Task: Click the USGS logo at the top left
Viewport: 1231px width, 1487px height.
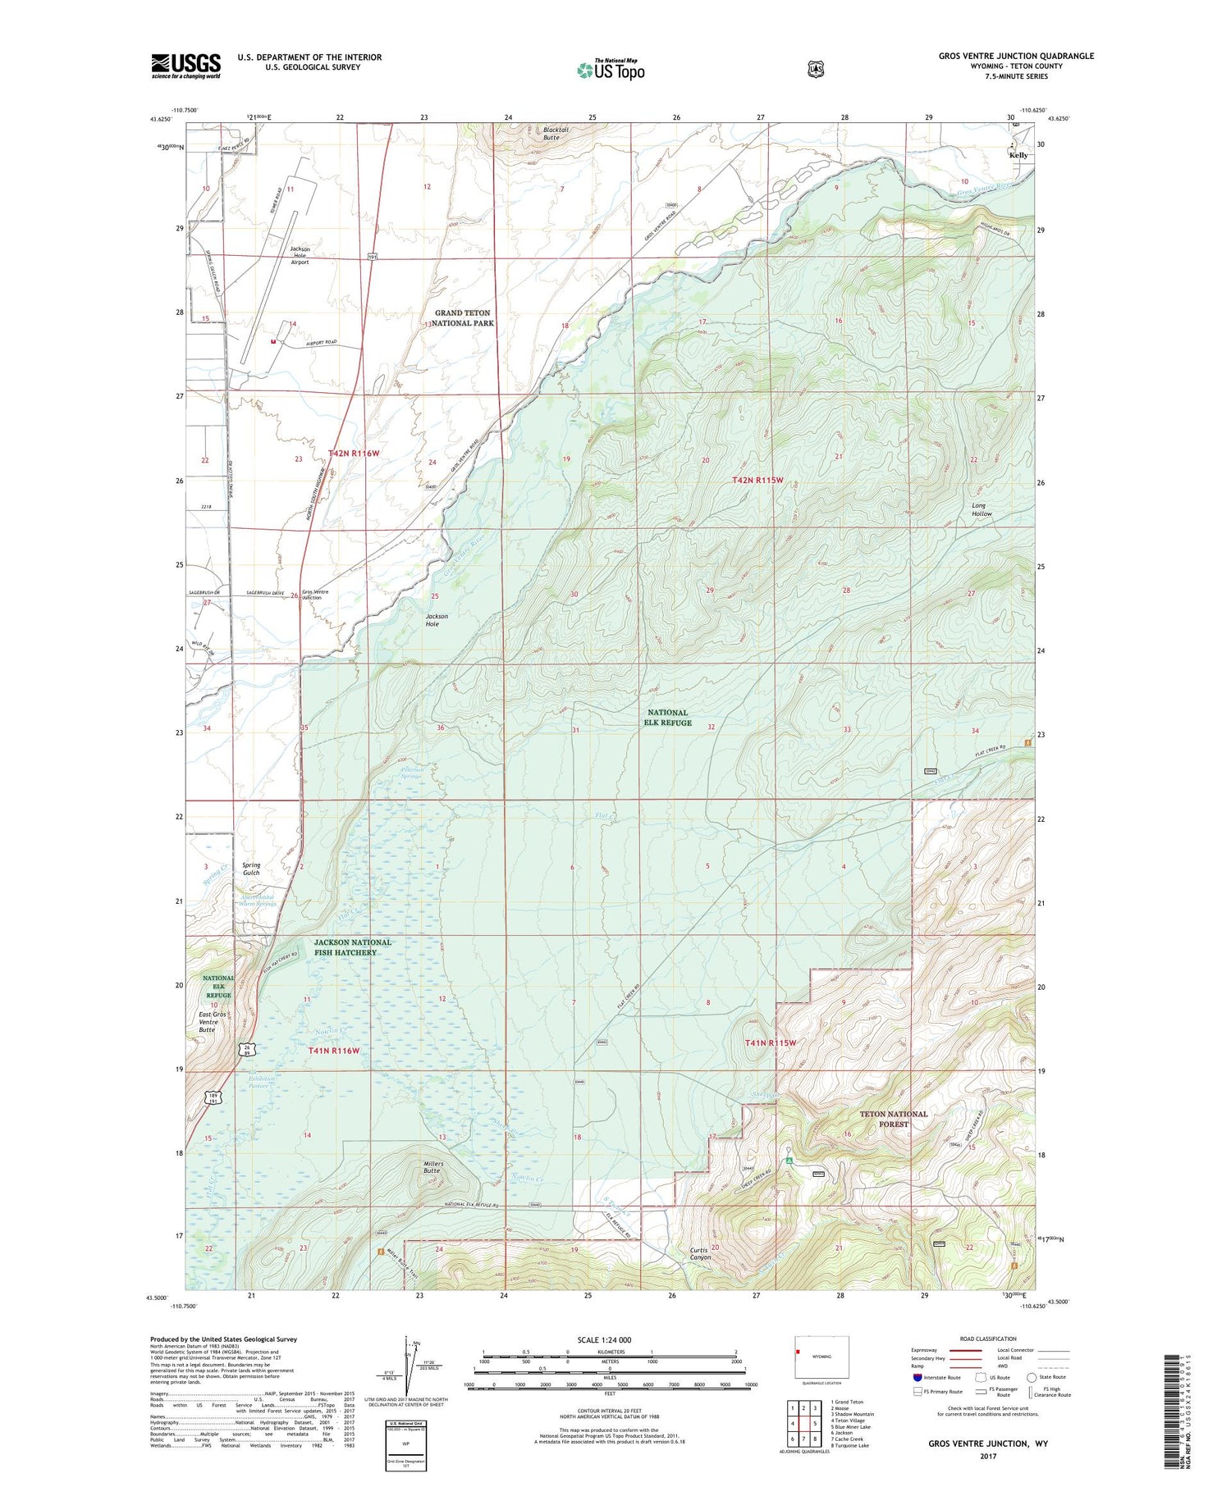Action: [185, 66]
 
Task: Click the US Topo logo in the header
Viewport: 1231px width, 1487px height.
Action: [611, 70]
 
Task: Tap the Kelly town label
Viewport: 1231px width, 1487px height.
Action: [1018, 155]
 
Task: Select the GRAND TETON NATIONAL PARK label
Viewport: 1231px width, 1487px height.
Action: [464, 317]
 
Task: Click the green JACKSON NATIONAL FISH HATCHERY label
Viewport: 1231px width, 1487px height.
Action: [352, 947]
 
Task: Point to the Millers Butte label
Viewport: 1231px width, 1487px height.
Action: [432, 1167]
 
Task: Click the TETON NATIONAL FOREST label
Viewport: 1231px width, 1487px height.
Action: [893, 1119]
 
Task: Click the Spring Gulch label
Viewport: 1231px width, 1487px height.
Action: [251, 869]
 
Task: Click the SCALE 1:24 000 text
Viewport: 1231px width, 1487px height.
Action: [604, 1339]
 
